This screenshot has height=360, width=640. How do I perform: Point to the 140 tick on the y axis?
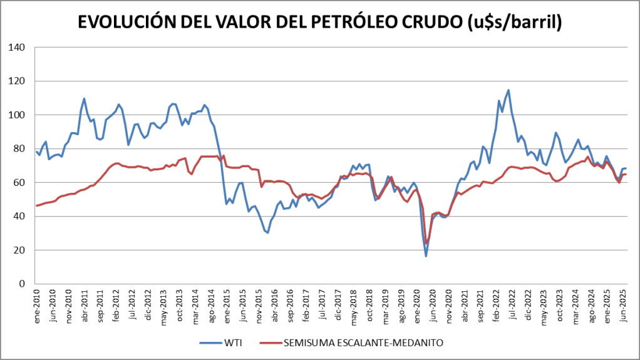[x=18, y=47]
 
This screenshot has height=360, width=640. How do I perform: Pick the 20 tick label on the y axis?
[x=20, y=250]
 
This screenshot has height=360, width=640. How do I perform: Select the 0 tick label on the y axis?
[x=23, y=284]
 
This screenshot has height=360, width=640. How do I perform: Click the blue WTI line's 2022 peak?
[x=508, y=90]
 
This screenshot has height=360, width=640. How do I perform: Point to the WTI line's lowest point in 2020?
[x=426, y=255]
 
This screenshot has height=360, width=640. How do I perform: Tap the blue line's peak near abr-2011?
[x=84, y=98]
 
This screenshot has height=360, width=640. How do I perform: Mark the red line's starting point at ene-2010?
[x=36, y=205]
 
